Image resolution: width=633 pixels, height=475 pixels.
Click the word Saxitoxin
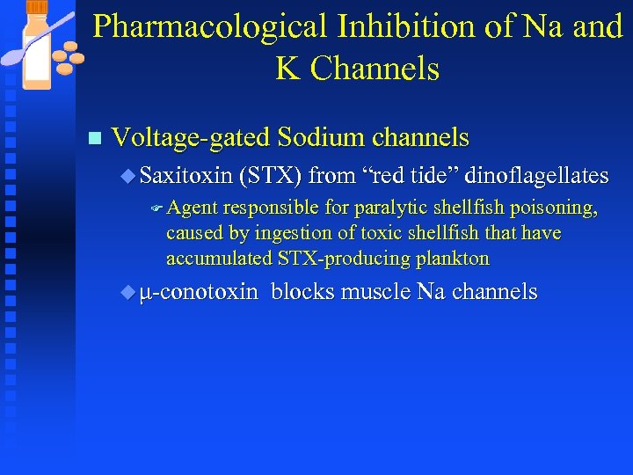point(186,176)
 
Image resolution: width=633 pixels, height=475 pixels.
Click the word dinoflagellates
point(536,176)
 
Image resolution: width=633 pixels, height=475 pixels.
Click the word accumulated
point(220,259)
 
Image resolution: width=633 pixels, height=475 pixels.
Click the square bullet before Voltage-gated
point(95,139)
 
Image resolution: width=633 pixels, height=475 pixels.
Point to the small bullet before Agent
point(156,209)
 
